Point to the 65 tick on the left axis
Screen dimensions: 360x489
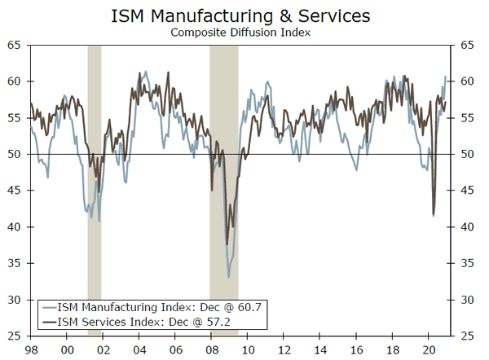pyautogui.click(x=15, y=46)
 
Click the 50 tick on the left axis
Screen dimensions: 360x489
pyautogui.click(x=15, y=154)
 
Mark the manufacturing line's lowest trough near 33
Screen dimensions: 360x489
pyautogui.click(x=228, y=278)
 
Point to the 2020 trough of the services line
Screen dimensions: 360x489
pyautogui.click(x=433, y=214)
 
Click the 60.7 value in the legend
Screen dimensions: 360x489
pyautogui.click(x=253, y=308)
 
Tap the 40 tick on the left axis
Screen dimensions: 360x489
pyautogui.click(x=15, y=226)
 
